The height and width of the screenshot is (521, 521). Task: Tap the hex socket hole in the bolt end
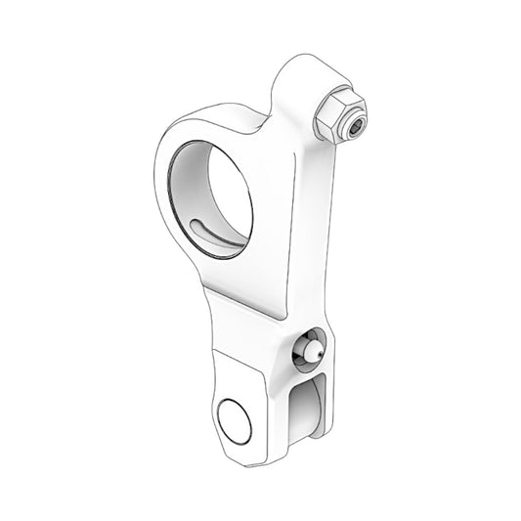356,125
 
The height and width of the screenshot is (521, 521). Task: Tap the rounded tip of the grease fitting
305,348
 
